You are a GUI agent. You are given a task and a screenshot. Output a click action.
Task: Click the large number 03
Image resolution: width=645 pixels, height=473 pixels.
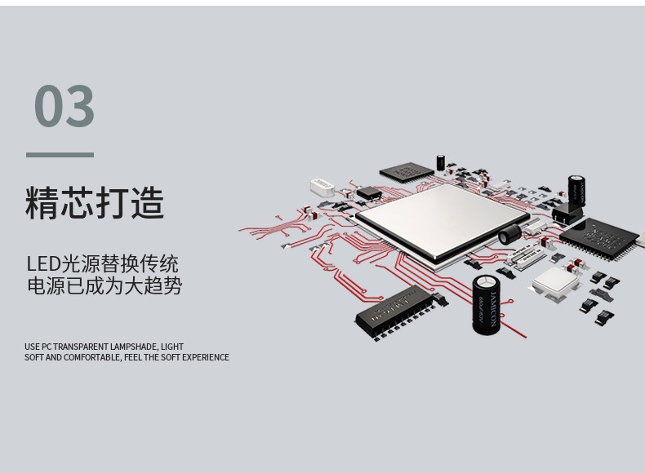coord(64,106)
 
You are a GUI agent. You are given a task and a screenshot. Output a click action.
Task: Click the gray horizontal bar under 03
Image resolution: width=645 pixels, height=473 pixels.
coord(60,154)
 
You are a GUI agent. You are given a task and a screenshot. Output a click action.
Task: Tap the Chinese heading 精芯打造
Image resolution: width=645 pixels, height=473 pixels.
coord(95,203)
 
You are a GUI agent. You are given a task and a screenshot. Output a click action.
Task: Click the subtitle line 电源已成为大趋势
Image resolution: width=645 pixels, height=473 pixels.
coord(104,286)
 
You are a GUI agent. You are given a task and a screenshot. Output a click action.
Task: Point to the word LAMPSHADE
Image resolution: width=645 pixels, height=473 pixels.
coord(132,347)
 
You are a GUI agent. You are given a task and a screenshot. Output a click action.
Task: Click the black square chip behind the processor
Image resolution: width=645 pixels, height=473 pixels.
coord(407,170)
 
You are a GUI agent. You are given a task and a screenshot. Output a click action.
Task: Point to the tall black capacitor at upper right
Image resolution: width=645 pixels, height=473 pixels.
coord(577,190)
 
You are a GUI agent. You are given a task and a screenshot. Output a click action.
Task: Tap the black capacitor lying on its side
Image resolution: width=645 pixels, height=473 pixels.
coord(511,235)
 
